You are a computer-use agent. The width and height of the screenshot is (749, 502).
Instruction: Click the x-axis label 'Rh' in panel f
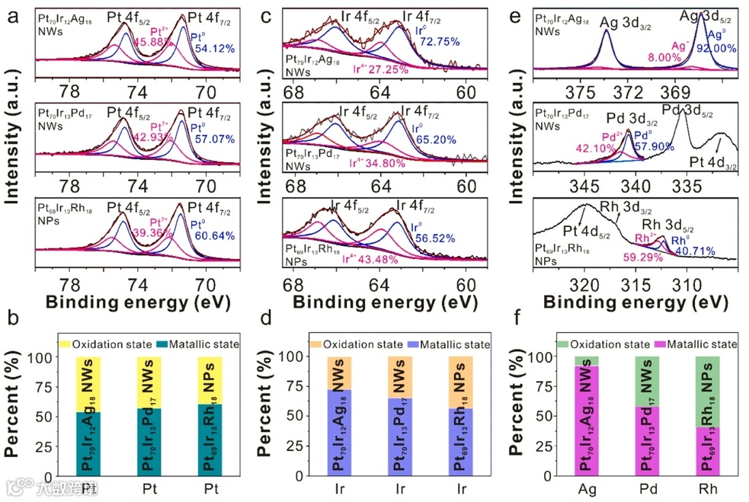[x=708, y=486]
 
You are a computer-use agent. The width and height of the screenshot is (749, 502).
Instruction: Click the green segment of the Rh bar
[x=708, y=392]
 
